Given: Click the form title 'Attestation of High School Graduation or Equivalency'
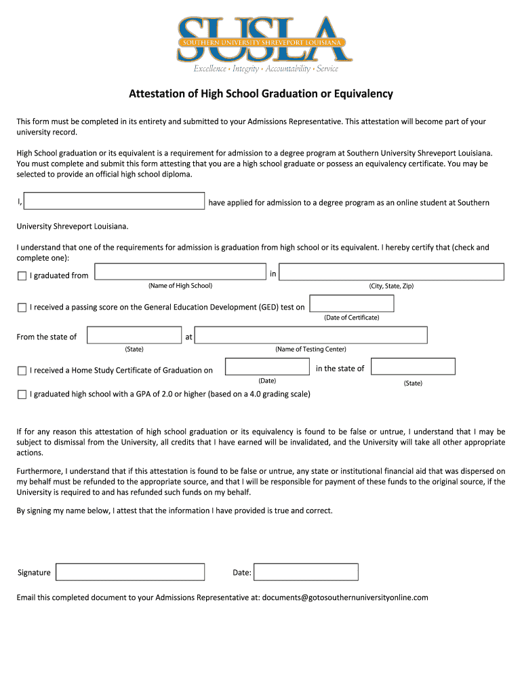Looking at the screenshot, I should [x=261, y=94].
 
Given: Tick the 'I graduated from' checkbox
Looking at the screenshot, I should [x=22, y=276].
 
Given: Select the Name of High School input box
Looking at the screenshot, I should [x=180, y=272].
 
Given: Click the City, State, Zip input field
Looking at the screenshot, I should [x=391, y=272].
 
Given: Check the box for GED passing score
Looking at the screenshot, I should [x=22, y=308].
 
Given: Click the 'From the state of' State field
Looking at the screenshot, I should [x=134, y=335].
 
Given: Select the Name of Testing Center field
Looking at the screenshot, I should [x=310, y=335].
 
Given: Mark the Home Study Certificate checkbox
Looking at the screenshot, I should [x=22, y=371].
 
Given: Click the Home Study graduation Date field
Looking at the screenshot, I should [x=266, y=367].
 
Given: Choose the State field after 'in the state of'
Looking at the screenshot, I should [x=413, y=367].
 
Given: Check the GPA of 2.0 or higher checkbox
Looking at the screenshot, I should [x=22, y=394].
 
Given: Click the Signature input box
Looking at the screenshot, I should [x=130, y=572].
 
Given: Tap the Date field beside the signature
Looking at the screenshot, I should [x=306, y=572].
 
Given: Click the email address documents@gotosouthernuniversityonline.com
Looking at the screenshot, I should [x=345, y=597].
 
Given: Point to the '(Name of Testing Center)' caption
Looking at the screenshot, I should [x=310, y=349].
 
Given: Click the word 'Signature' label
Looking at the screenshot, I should [x=34, y=573].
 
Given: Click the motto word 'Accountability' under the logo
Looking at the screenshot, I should [x=287, y=69].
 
